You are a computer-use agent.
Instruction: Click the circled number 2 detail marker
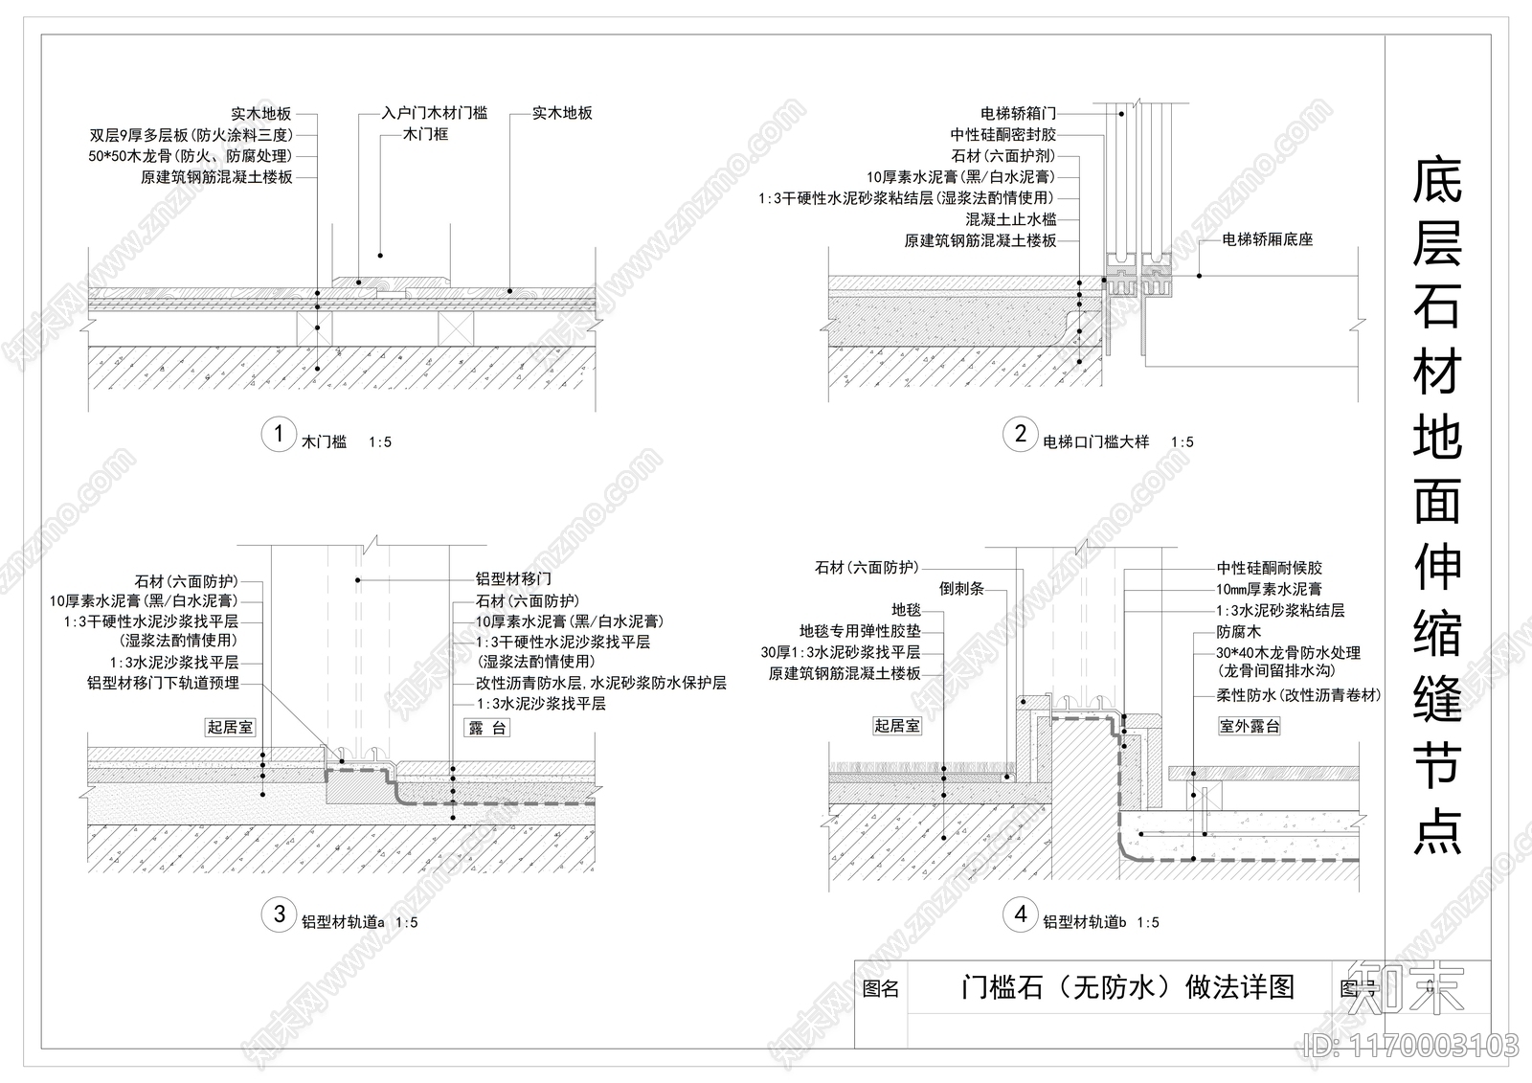point(1020,434)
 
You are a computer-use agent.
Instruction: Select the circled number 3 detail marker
point(279,914)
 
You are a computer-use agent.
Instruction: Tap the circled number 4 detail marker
point(1020,914)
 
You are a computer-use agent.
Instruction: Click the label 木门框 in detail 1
point(425,134)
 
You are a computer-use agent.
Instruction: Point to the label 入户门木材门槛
point(434,113)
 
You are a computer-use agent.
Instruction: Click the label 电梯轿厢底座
point(1267,239)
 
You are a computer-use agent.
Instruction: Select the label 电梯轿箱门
point(1018,114)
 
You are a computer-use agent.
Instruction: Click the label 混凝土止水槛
point(1010,219)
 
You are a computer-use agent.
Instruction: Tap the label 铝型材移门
point(513,579)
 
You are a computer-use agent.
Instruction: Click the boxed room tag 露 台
point(487,728)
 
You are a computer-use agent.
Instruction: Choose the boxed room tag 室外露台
point(1249,726)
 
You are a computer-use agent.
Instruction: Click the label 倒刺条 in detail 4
point(961,589)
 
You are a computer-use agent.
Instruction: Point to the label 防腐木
point(1239,632)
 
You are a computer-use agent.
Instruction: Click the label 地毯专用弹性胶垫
point(860,631)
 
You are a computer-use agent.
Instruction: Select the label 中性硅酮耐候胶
point(1269,569)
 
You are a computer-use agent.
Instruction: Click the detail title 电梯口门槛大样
point(1095,442)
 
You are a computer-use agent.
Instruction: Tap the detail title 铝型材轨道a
point(343,923)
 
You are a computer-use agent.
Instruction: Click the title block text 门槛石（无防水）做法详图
point(1127,987)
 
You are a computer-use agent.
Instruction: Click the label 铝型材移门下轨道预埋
point(163,683)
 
